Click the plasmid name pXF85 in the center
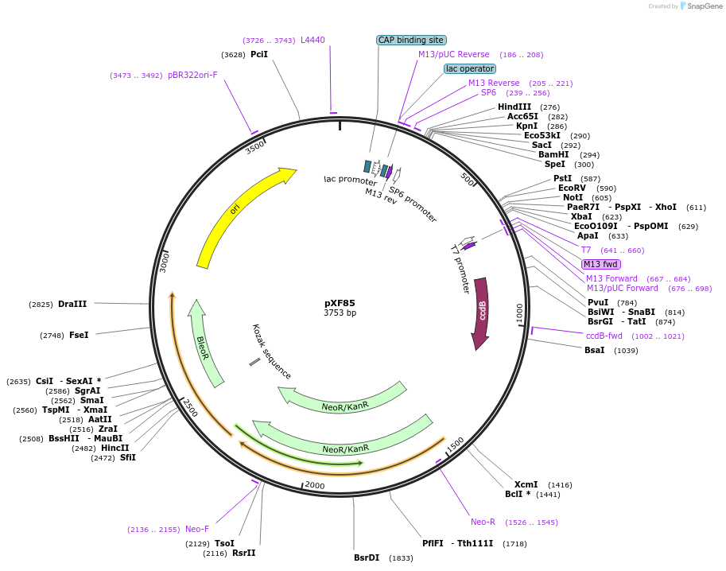340,302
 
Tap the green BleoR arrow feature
203,342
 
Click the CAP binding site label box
411,40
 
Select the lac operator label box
469,68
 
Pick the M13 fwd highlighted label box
600,264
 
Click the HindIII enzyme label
514,107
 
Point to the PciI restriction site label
259,54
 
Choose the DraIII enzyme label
72,304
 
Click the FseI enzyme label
79,335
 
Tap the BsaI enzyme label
594,350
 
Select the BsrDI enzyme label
367,557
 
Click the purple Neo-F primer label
197,529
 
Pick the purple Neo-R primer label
483,522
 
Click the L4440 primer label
313,40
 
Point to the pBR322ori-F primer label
192,75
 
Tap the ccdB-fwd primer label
604,336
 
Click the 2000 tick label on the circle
315,485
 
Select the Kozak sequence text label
272,352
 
